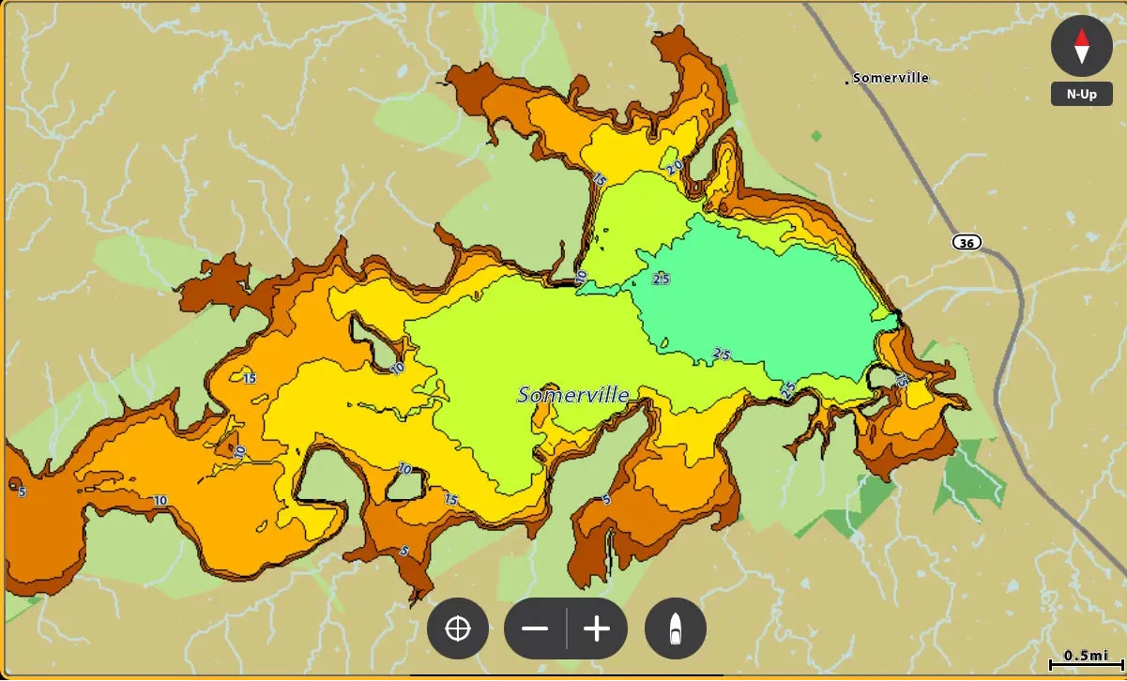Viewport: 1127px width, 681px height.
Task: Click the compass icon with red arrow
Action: click(x=1081, y=45)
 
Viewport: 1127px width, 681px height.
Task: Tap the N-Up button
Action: click(x=1081, y=95)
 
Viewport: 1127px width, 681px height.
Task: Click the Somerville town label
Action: click(x=891, y=78)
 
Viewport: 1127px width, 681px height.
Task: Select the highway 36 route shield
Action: click(x=967, y=243)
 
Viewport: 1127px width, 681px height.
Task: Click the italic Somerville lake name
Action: click(x=573, y=396)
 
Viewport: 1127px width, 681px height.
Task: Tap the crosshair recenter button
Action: click(x=458, y=628)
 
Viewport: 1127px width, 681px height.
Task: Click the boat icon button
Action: click(x=676, y=628)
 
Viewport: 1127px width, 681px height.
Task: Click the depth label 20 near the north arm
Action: click(x=675, y=167)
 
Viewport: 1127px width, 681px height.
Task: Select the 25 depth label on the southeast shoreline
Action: click(x=788, y=387)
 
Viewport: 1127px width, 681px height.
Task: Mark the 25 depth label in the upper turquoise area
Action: click(x=661, y=279)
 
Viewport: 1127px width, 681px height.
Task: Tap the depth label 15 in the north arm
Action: click(x=600, y=179)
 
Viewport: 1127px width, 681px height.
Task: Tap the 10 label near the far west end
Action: click(x=160, y=500)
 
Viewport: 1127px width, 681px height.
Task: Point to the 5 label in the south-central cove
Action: click(x=606, y=499)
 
